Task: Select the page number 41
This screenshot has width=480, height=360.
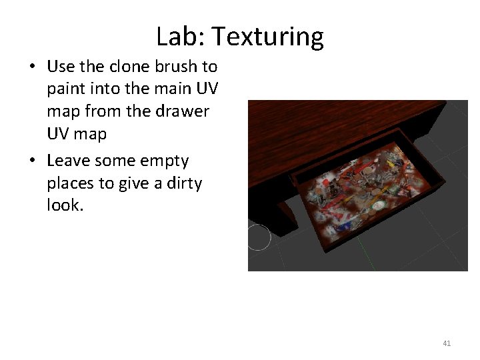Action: pyautogui.click(x=447, y=343)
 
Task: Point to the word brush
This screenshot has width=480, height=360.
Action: pyautogui.click(x=174, y=67)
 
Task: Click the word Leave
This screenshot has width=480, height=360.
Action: pyautogui.click(x=69, y=161)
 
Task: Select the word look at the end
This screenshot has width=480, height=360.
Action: pyautogui.click(x=65, y=205)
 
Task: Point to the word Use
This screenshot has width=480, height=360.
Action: pyautogui.click(x=61, y=67)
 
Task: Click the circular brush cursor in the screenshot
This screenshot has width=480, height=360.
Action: pyautogui.click(x=258, y=237)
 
